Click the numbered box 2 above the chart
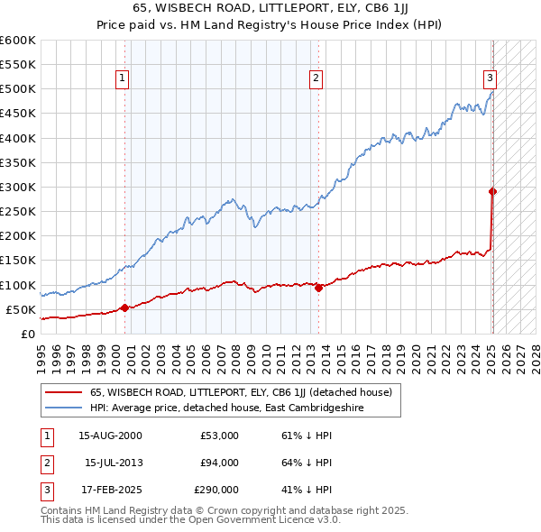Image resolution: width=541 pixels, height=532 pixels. point(316,79)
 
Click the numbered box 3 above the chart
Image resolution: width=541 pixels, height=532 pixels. point(489,79)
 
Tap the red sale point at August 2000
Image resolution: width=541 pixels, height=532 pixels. point(124,307)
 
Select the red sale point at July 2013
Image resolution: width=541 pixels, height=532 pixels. point(318,289)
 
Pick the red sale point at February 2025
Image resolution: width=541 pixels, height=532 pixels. point(492,191)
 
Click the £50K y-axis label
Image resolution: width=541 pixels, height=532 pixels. point(21,309)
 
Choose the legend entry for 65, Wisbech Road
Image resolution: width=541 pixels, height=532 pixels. point(240,393)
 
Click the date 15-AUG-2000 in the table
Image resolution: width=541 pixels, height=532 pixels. point(110,436)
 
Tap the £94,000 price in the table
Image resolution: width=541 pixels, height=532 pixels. point(219,463)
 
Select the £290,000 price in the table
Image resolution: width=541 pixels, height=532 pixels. point(216,490)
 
